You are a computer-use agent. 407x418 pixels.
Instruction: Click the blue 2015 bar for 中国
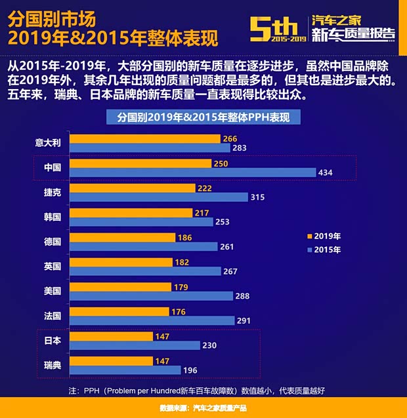click(192, 172)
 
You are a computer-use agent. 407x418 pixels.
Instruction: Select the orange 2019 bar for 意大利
click(144, 139)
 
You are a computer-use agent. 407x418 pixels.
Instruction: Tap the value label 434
click(326, 173)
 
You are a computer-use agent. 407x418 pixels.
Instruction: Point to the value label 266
click(230, 139)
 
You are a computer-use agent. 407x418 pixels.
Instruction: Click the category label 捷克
click(53, 192)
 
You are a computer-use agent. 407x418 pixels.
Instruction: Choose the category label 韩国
click(53, 217)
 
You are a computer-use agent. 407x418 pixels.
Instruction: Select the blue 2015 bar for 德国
click(143, 246)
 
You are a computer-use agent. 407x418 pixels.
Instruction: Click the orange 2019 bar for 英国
click(119, 262)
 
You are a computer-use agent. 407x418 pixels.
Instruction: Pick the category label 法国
click(53, 315)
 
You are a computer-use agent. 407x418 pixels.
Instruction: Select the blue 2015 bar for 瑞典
click(125, 370)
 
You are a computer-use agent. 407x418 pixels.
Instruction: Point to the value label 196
click(190, 370)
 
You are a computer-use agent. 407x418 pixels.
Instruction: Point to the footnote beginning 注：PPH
click(196, 390)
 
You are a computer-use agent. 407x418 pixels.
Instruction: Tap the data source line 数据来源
click(203, 408)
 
